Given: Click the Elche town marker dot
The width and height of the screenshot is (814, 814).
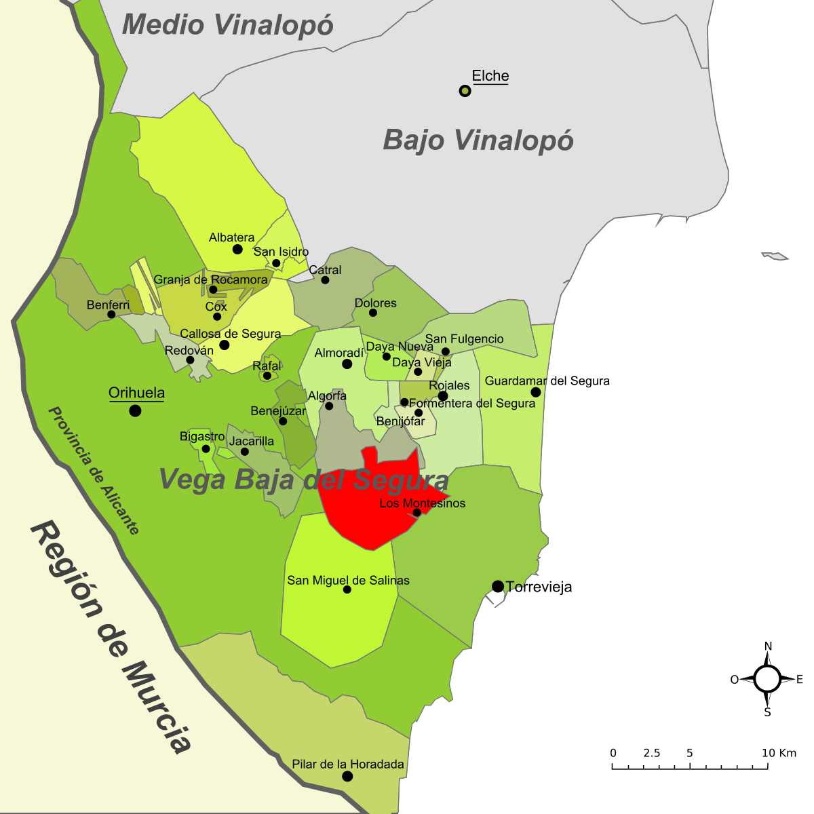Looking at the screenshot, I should pyautogui.click(x=465, y=91).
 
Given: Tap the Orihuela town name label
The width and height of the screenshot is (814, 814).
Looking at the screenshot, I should pyautogui.click(x=136, y=393).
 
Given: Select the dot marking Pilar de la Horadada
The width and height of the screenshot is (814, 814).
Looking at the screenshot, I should pyautogui.click(x=347, y=776).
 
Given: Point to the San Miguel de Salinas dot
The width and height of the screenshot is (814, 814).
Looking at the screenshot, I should pyautogui.click(x=347, y=589).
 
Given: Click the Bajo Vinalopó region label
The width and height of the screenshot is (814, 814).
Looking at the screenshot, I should pyautogui.click(x=478, y=140).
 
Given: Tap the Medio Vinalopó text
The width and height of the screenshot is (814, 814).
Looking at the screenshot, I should pyautogui.click(x=228, y=25).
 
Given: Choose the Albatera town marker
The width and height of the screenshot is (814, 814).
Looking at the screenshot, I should pyautogui.click(x=237, y=249).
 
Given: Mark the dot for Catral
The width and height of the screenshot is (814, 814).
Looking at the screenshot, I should pyautogui.click(x=325, y=280).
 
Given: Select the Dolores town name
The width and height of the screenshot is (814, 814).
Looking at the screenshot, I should pyautogui.click(x=375, y=303).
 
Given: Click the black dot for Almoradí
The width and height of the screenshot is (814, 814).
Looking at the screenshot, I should pyautogui.click(x=347, y=364).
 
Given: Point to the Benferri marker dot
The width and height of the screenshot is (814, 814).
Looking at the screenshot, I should pyautogui.click(x=111, y=314).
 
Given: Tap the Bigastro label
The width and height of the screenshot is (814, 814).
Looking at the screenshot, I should pyautogui.click(x=202, y=436).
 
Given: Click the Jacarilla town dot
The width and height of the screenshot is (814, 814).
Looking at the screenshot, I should pyautogui.click(x=245, y=452).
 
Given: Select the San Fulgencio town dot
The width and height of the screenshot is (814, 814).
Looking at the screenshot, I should pyautogui.click(x=446, y=351).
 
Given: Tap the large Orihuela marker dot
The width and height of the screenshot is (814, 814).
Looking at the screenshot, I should pyautogui.click(x=136, y=410).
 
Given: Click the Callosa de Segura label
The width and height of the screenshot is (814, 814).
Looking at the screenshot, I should pyautogui.click(x=230, y=334).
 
